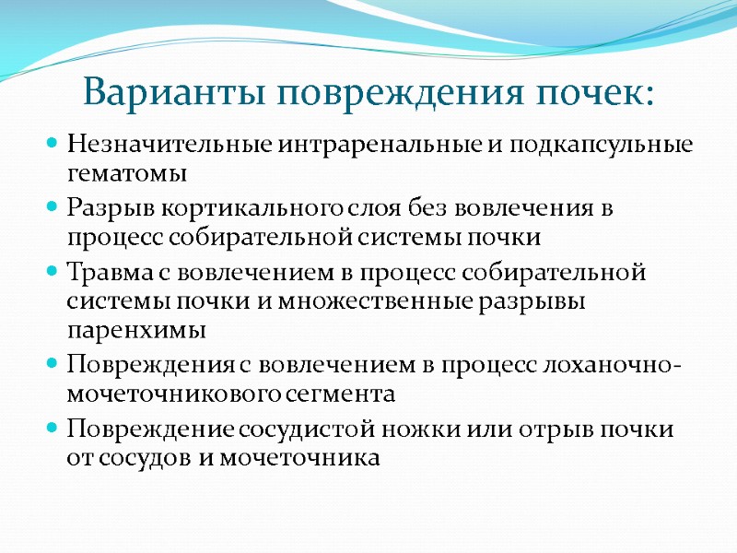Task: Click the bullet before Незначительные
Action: click(x=53, y=146)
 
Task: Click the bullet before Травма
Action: click(x=53, y=274)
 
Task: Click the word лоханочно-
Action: click(x=623, y=366)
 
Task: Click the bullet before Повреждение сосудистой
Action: click(x=53, y=430)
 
